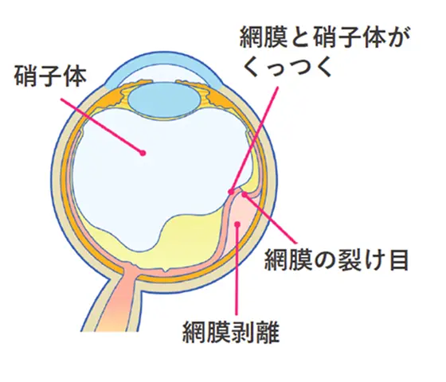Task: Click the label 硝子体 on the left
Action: (x=50, y=76)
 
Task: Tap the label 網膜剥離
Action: (x=231, y=332)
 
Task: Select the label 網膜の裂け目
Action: (x=336, y=259)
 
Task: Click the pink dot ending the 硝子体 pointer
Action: (x=143, y=153)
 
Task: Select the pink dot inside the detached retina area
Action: (x=238, y=224)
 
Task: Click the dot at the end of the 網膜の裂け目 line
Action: (x=244, y=194)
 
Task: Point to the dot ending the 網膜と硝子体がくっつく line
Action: (x=231, y=192)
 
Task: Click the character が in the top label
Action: (x=397, y=37)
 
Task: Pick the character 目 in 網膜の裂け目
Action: (x=398, y=259)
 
